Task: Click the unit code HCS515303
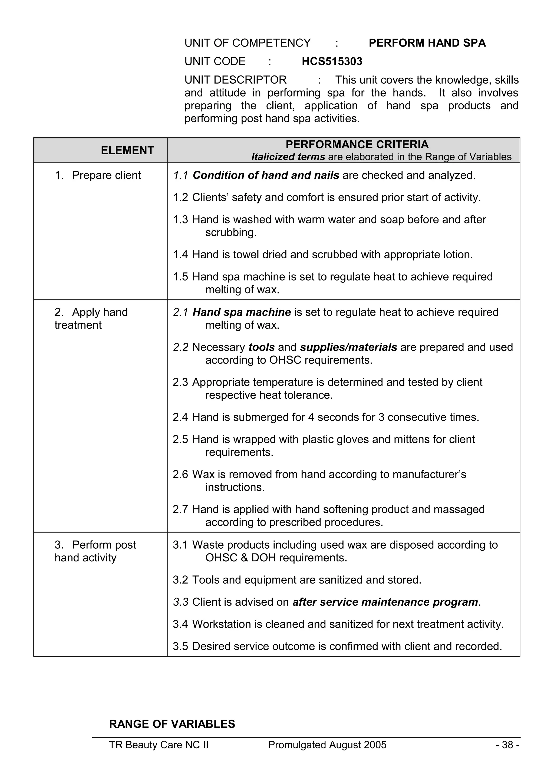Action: (332, 61)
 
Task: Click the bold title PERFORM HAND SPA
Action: (427, 43)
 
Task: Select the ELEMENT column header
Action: (127, 150)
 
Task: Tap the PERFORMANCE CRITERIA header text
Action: (357, 144)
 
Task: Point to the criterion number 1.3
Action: (180, 220)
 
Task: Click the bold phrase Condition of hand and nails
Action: (266, 175)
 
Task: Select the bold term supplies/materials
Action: (348, 347)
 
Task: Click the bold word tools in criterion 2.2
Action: (262, 347)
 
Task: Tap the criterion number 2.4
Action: (180, 417)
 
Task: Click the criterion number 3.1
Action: (180, 545)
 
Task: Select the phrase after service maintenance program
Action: (385, 602)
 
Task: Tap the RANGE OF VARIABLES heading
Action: (172, 724)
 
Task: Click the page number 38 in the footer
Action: (507, 745)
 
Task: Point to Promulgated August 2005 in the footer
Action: (327, 745)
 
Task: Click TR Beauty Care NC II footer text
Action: (159, 745)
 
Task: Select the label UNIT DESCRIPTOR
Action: (235, 80)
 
